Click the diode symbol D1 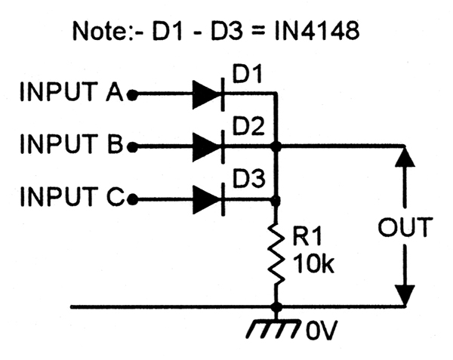(x=208, y=94)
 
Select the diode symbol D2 (x=208, y=146)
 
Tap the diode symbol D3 (x=208, y=199)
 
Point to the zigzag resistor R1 (x=276, y=255)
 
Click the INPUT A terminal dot (x=132, y=94)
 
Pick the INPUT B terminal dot (x=132, y=147)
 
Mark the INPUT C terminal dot (x=132, y=199)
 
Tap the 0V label (x=321, y=330)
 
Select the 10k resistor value (x=313, y=263)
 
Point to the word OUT (x=405, y=227)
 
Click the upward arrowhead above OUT (x=405, y=157)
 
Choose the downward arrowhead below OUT (x=405, y=295)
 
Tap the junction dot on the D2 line (x=276, y=147)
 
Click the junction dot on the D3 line (x=276, y=200)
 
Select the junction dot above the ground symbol (x=276, y=307)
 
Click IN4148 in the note (x=317, y=31)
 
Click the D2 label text (x=248, y=126)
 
